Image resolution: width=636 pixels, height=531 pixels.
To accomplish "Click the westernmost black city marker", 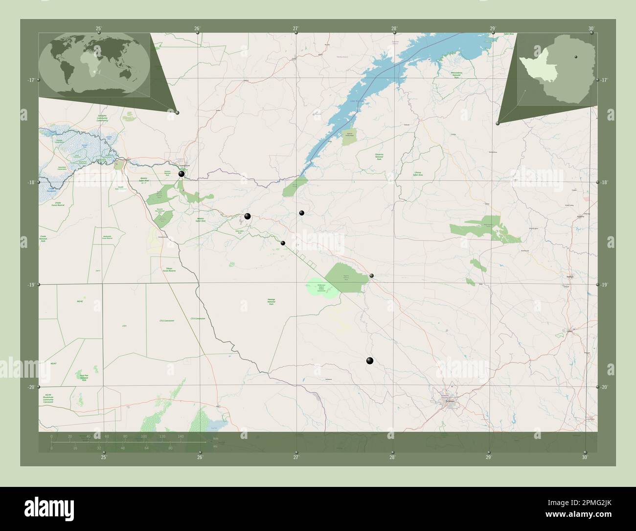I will point(182,174).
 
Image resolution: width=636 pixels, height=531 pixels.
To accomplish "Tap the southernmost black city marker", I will point(369,361).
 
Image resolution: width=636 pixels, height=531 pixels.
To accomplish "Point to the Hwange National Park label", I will point(271,301).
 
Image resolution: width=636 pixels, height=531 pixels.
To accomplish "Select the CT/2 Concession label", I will point(167,320).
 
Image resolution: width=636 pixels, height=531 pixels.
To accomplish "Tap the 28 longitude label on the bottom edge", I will point(392,457).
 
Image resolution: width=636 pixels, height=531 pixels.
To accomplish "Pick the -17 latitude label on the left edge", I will point(31,80).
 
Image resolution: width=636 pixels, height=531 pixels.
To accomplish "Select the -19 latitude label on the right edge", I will point(605,285).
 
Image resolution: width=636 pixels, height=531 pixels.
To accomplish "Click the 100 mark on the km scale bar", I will point(144,436).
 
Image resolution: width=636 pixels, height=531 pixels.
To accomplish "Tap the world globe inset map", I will point(94,63).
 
